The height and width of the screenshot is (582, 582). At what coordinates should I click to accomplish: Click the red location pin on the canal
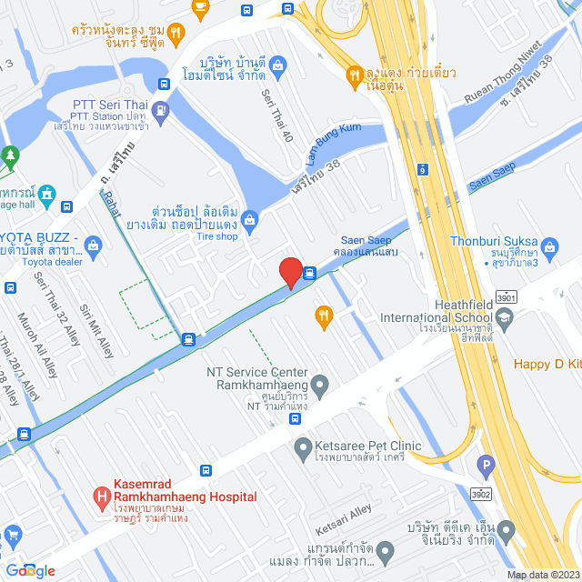290,272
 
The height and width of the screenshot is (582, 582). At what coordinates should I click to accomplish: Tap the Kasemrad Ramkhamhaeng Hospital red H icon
103,497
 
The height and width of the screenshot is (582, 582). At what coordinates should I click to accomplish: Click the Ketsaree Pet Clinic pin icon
303,447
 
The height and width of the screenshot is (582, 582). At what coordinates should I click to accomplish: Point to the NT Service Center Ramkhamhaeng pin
320,384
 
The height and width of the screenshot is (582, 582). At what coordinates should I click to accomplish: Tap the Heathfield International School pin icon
505,316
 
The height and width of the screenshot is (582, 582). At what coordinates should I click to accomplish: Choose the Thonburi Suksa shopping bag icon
550,246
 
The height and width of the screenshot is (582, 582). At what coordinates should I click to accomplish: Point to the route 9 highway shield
423,169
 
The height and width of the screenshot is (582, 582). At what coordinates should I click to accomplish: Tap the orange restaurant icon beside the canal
322,316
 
